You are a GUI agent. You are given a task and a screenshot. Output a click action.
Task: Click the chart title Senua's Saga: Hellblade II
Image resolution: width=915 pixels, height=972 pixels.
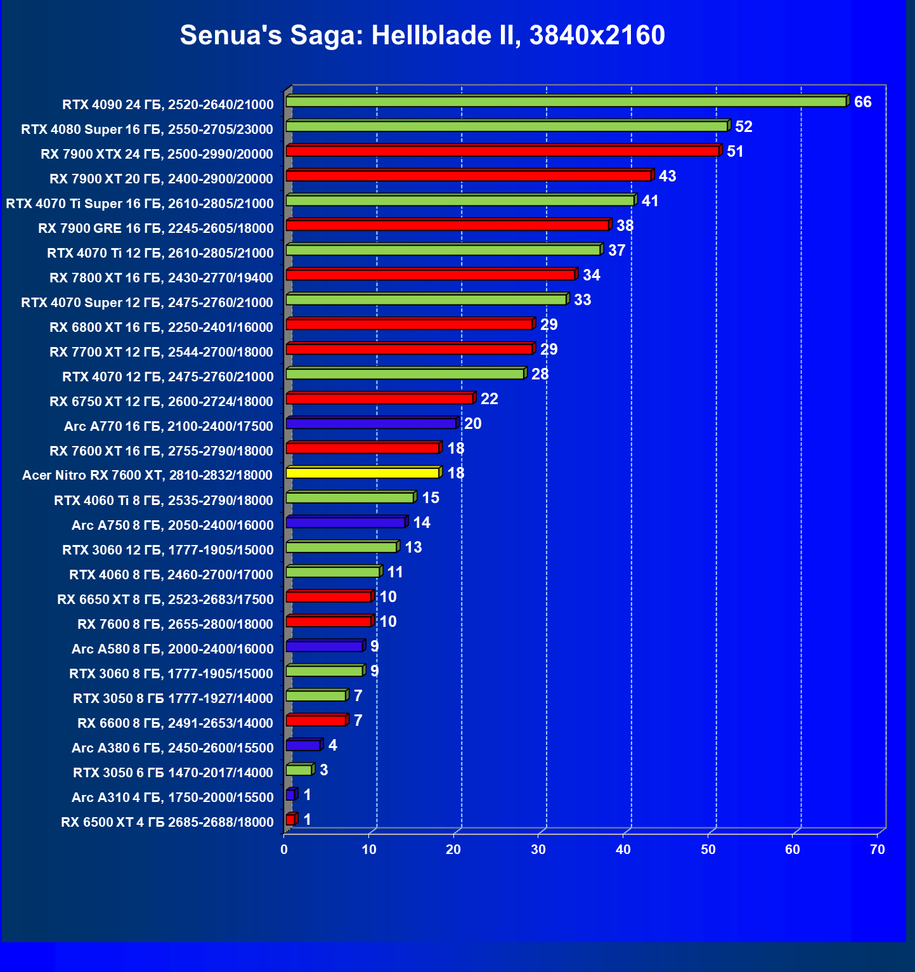[422, 35]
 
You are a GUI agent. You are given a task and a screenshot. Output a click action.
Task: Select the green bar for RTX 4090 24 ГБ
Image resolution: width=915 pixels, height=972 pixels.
[566, 102]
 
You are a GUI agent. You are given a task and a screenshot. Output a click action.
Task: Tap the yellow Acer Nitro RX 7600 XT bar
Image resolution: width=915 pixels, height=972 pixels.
[362, 473]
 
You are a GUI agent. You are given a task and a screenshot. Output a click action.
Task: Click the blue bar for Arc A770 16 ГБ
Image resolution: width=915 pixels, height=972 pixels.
[371, 423]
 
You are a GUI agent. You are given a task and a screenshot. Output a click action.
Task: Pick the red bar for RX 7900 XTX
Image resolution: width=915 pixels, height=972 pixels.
[502, 151]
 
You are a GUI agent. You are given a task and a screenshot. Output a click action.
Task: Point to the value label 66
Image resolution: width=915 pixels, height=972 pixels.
[862, 102]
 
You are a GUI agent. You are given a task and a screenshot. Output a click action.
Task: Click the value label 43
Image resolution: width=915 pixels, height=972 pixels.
[667, 176]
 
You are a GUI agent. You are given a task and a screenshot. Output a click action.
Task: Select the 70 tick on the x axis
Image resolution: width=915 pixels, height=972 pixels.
[877, 850]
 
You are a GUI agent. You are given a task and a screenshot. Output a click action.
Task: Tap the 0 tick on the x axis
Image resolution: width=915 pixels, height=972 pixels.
[284, 850]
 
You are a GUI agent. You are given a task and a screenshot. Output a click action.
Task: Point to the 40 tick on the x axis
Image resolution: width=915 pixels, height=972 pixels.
[623, 850]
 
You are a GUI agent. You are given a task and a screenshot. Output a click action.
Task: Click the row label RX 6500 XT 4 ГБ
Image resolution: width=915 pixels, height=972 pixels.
[167, 822]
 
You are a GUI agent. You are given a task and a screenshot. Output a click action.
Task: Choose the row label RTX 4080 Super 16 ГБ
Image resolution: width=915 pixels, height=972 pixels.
[147, 129]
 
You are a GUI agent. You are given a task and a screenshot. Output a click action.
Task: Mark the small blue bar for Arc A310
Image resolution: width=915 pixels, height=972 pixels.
[290, 794]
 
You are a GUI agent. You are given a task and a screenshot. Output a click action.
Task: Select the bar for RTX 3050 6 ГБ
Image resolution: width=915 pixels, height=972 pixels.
[299, 770]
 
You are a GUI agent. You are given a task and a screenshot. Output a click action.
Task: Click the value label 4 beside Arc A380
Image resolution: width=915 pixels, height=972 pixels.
[333, 745]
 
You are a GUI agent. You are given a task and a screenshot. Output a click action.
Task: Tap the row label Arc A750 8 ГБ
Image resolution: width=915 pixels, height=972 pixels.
[172, 525]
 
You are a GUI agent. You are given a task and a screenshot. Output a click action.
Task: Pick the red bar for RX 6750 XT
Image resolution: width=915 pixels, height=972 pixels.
[379, 398]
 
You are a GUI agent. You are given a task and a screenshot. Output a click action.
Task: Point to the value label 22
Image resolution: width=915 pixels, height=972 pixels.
[489, 399]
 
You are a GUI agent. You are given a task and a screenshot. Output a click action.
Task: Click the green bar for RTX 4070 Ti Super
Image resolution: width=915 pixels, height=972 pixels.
[460, 200]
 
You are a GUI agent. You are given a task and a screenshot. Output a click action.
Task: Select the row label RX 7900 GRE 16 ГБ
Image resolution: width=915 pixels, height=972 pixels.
[156, 228]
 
